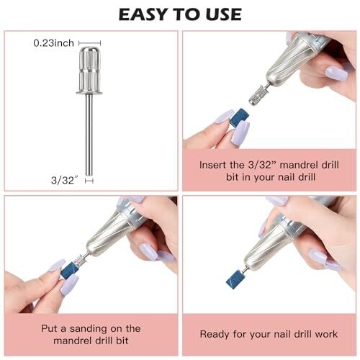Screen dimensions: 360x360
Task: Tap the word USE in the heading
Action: click(224, 14)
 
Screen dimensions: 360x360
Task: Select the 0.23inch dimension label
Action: click(54, 43)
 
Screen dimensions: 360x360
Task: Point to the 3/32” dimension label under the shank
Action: click(65, 180)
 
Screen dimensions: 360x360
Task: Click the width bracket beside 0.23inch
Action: click(90, 43)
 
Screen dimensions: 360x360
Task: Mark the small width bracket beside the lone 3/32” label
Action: click(89, 181)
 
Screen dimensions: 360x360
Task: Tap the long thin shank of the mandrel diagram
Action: click(89, 135)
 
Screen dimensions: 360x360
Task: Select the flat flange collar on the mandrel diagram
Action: click(89, 92)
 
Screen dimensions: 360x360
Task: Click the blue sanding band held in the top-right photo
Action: click(238, 118)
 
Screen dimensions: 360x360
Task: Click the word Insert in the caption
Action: click(212, 165)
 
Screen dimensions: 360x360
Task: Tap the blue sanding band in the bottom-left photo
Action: click(69, 271)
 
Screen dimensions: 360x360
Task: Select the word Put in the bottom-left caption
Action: click(49, 328)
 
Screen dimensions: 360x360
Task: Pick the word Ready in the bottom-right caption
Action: click(215, 334)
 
